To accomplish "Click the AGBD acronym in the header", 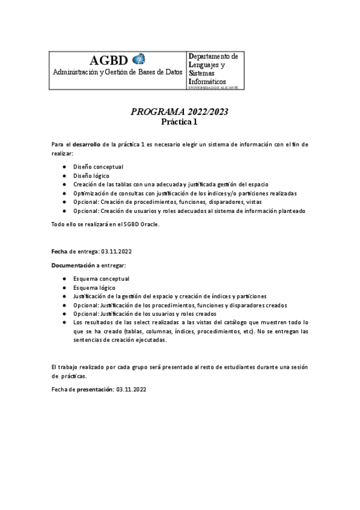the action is coord(109,60).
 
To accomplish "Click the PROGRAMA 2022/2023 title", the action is coord(180,112).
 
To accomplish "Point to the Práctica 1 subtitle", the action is coord(180,121).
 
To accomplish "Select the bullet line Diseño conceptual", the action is coord(98,166).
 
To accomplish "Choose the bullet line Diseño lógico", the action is coord(91,175).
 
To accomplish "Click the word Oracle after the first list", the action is coord(149,224).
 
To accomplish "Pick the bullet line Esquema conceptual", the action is coord(101,279).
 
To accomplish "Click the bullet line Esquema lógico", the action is coord(94,287).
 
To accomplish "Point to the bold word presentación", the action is coord(95,389).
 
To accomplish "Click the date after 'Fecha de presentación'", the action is coord(132,389).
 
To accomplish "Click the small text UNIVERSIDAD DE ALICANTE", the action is coord(213,88).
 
